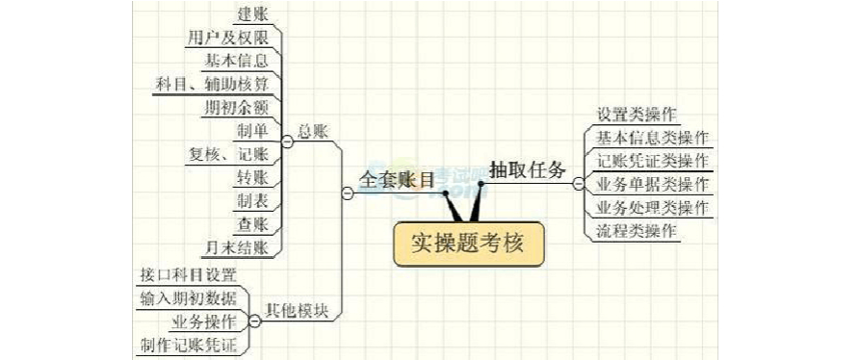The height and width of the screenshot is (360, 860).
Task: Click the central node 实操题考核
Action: click(x=469, y=243)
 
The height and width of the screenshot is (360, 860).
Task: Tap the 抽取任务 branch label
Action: click(x=527, y=167)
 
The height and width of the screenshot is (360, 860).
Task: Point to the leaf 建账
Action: click(x=252, y=14)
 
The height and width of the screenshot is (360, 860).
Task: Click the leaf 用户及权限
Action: click(x=227, y=38)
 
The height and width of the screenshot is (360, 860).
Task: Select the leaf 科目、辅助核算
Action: click(x=212, y=83)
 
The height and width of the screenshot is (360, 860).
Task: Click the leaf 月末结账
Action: click(x=239, y=247)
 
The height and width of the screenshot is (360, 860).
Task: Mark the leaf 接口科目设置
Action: click(x=188, y=274)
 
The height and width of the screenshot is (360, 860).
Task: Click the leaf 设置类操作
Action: click(x=637, y=114)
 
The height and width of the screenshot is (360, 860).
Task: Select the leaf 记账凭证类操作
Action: click(x=653, y=160)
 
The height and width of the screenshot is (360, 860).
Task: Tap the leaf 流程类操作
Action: click(x=637, y=231)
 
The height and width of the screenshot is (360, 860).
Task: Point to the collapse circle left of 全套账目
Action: click(x=348, y=193)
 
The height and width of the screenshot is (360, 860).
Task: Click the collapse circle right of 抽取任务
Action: click(x=577, y=183)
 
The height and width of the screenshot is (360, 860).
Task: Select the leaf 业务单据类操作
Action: click(x=653, y=184)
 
